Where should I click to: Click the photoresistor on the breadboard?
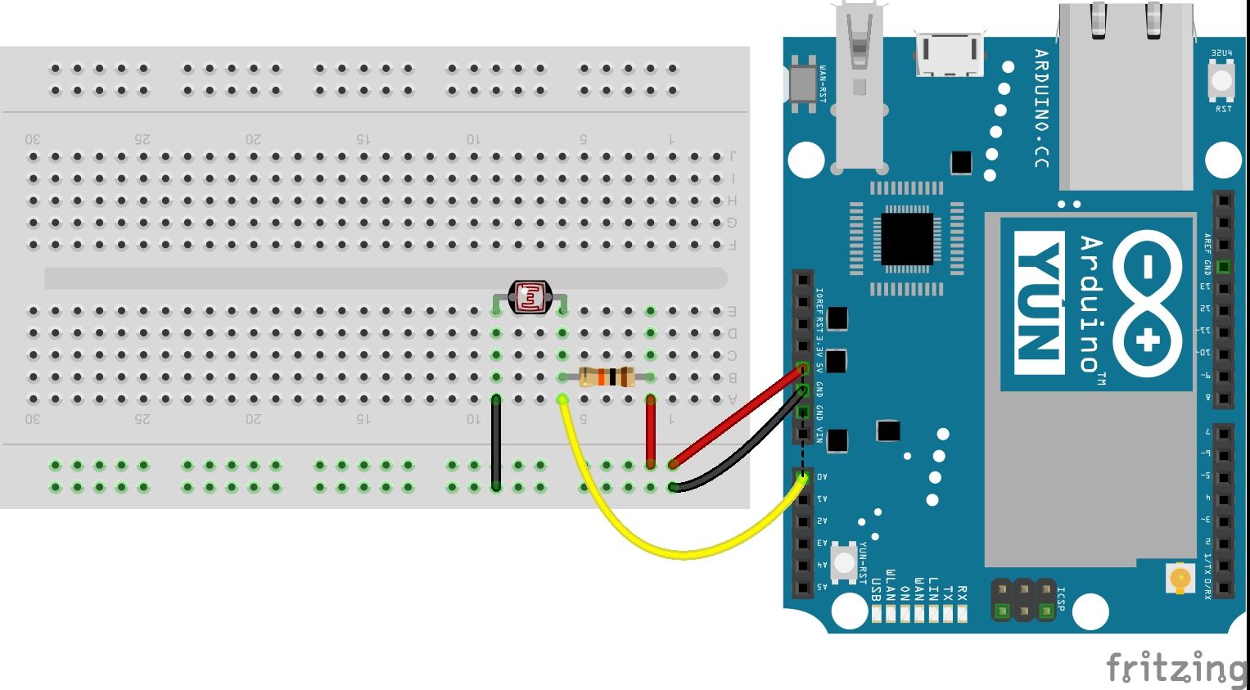pyautogui.click(x=530, y=297)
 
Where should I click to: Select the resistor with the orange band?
pyautogui.click(x=607, y=377)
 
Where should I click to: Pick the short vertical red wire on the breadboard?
pyautogui.click(x=651, y=432)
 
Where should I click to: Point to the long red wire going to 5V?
pyautogui.click(x=737, y=417)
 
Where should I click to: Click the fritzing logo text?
pyautogui.click(x=1176, y=667)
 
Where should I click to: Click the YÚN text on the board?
pyautogui.click(x=1040, y=303)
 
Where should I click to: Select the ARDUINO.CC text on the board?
pyautogui.click(x=1040, y=109)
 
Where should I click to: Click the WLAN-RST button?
pyautogui.click(x=799, y=83)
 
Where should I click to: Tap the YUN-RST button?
pyautogui.click(x=843, y=561)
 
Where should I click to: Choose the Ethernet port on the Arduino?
pyautogui.click(x=1126, y=94)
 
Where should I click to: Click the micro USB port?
pyautogui.click(x=950, y=54)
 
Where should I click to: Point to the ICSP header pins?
pyautogui.click(x=1023, y=600)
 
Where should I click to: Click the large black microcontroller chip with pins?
pyautogui.click(x=906, y=239)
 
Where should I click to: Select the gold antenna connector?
pyautogui.click(x=1180, y=579)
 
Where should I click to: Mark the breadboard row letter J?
pyautogui.click(x=733, y=156)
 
